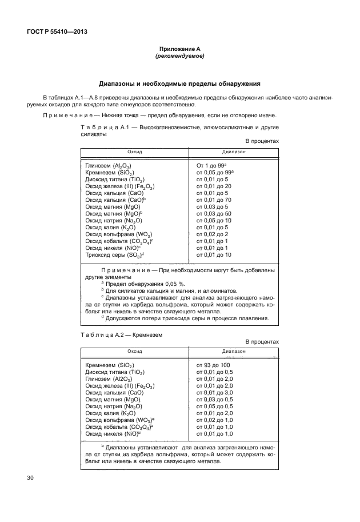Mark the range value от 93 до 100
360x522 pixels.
(x=213, y=365)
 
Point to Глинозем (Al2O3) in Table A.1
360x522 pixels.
(x=109, y=166)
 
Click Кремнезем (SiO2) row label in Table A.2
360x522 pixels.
(x=110, y=365)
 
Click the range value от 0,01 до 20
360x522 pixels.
(x=214, y=186)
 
